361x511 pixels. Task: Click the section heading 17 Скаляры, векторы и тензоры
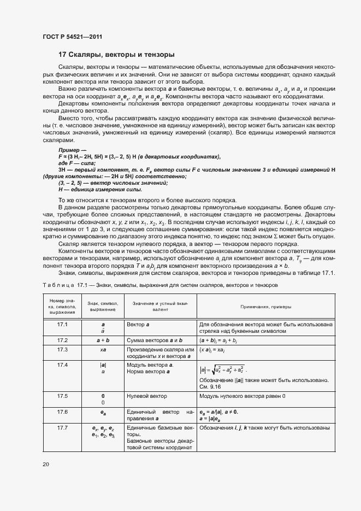(116, 55)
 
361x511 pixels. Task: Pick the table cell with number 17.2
(62, 340)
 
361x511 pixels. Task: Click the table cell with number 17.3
(62, 349)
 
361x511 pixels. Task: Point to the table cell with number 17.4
(62, 365)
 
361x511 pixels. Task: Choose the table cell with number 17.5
(62, 396)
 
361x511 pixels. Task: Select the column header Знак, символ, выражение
(102, 307)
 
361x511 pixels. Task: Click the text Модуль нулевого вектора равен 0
(242, 396)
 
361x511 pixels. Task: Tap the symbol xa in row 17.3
(103, 349)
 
